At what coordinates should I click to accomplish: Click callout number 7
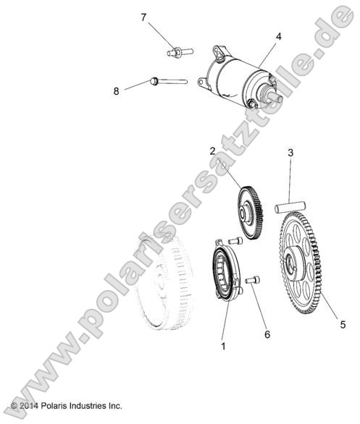(x=143, y=17)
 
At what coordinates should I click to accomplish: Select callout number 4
(x=279, y=35)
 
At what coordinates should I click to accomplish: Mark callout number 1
(x=223, y=346)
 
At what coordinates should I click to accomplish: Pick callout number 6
(x=267, y=314)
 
